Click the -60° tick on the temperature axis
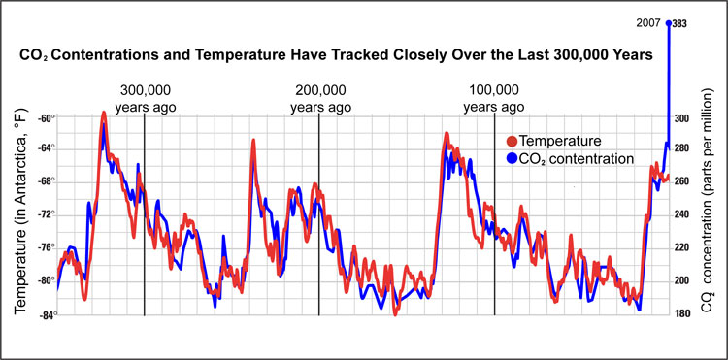coord(45,117)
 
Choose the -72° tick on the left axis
coord(45,214)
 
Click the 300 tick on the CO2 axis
coord(682,118)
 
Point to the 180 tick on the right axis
coord(682,313)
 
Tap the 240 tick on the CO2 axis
coord(682,215)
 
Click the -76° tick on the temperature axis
coord(45,247)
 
